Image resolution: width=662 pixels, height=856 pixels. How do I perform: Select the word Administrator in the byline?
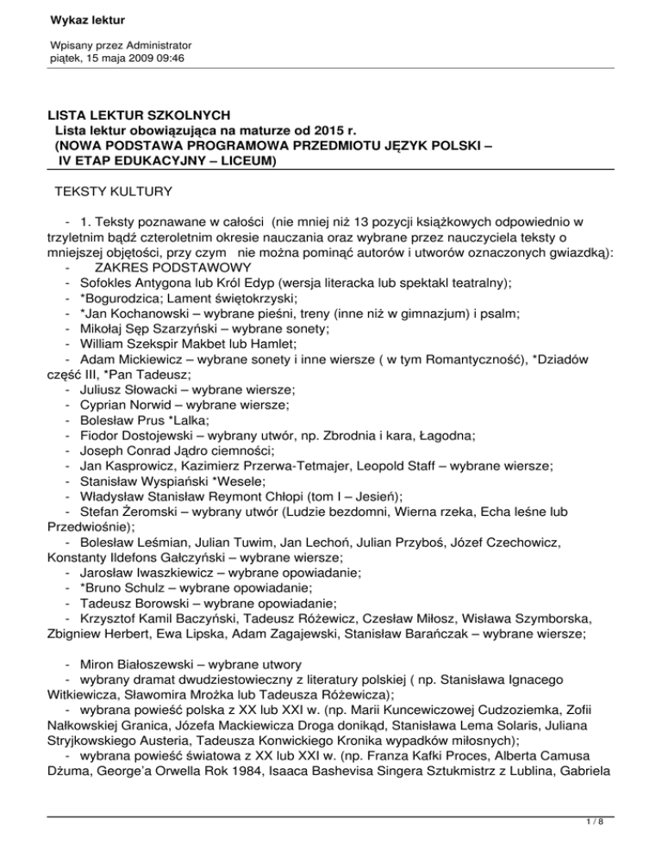coord(153,44)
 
